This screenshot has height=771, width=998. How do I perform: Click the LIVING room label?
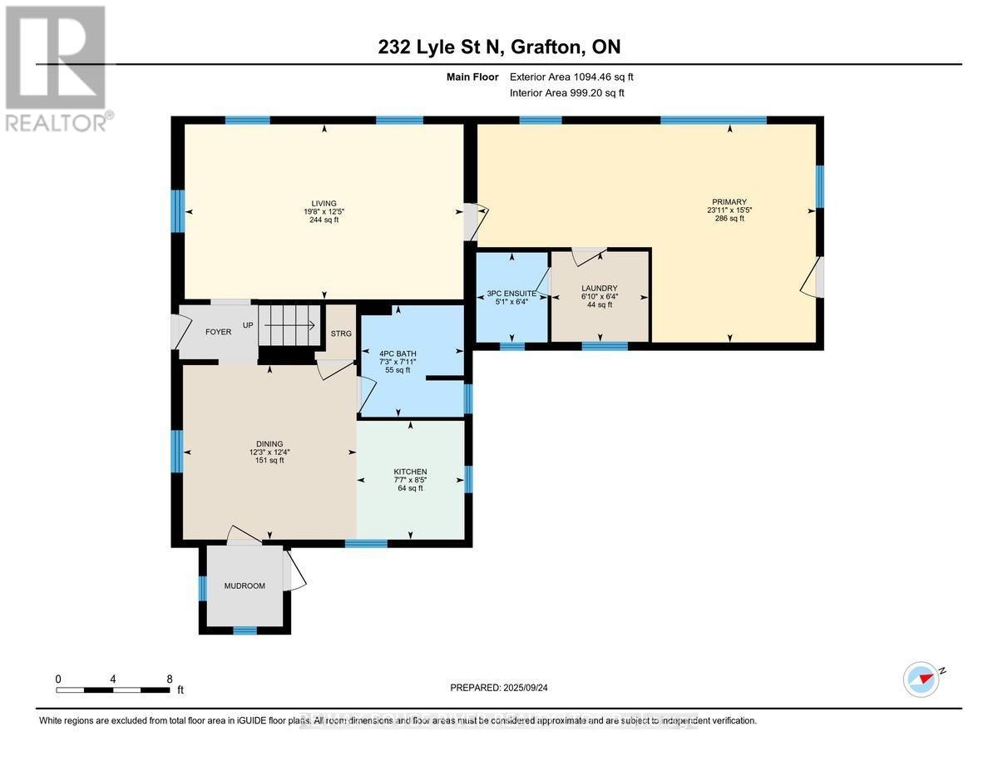click(x=324, y=203)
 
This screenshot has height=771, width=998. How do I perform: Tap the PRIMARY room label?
click(x=729, y=201)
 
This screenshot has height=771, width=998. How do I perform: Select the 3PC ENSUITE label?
click(x=511, y=294)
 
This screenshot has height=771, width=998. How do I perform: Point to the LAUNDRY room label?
click(x=599, y=289)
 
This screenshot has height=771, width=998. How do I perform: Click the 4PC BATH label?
click(x=397, y=353)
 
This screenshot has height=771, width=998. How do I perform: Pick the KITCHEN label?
click(x=410, y=472)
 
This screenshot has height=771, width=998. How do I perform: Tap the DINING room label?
click(x=269, y=443)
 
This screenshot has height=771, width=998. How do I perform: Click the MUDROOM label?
click(x=245, y=586)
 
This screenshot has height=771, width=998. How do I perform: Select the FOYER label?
click(x=218, y=332)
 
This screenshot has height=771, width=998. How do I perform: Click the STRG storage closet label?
click(x=341, y=334)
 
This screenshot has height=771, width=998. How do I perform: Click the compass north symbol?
click(x=921, y=679)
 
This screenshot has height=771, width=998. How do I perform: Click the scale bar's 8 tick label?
click(x=169, y=678)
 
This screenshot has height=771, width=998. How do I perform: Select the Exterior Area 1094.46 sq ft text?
click(x=577, y=77)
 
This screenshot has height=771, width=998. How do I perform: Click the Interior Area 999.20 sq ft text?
click(x=567, y=93)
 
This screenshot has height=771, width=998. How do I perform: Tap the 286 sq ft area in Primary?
click(x=729, y=219)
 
